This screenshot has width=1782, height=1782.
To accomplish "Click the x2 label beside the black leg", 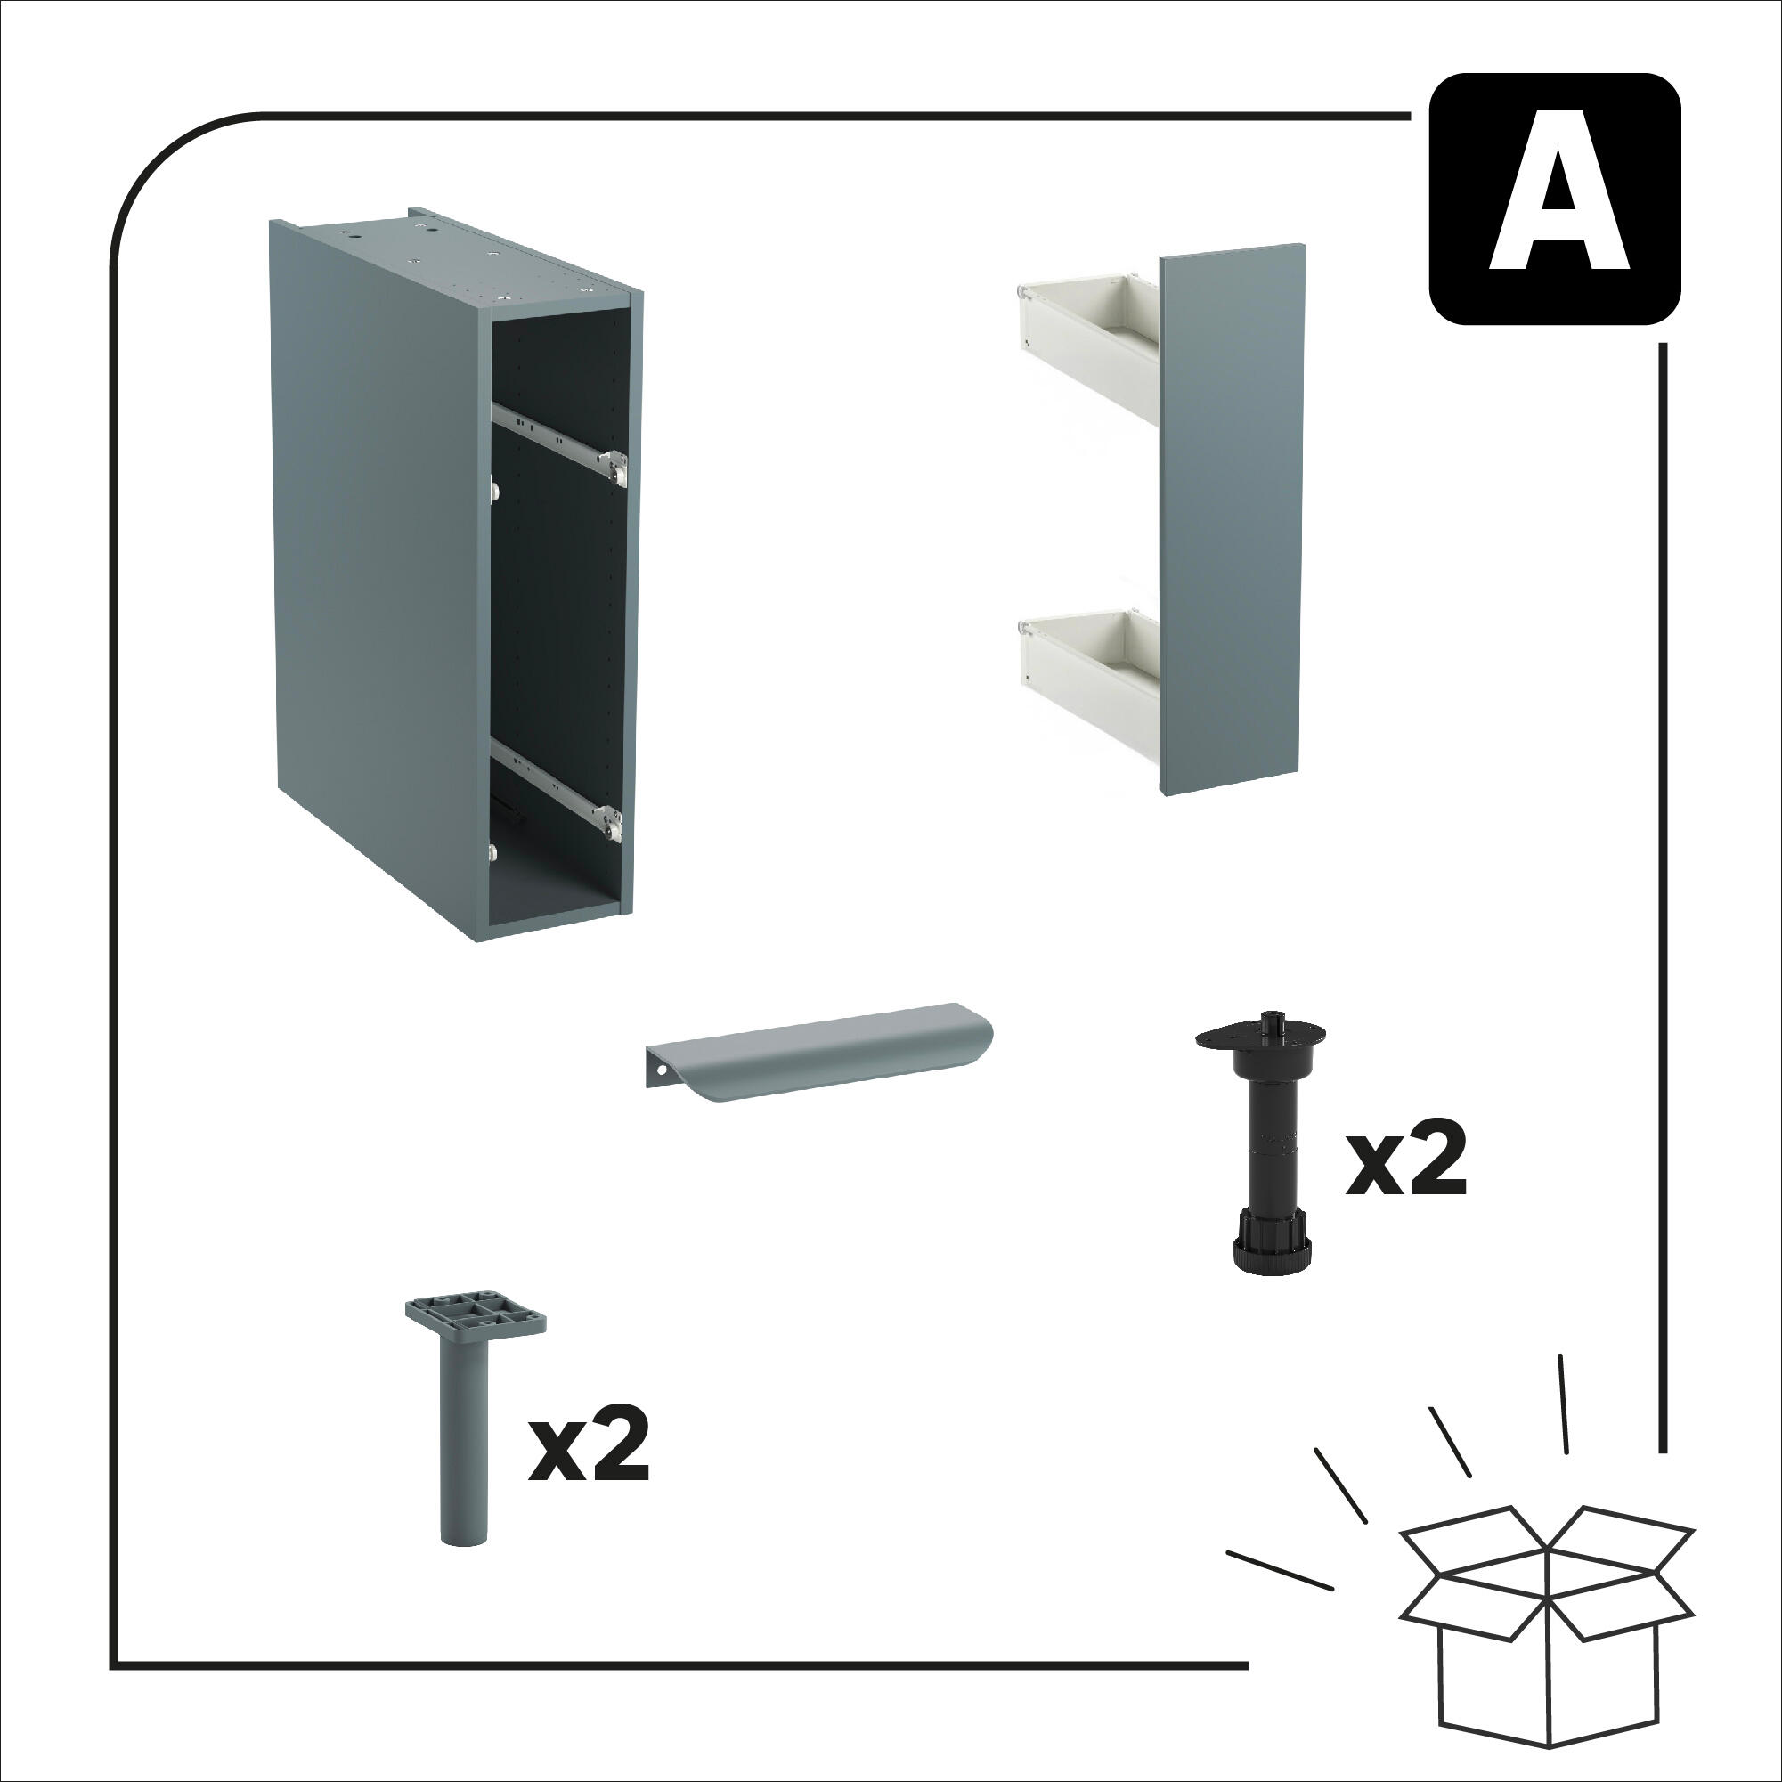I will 1404,1163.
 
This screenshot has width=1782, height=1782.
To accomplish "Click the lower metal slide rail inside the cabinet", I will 559,789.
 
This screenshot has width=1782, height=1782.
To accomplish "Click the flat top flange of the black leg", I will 1260,1037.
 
